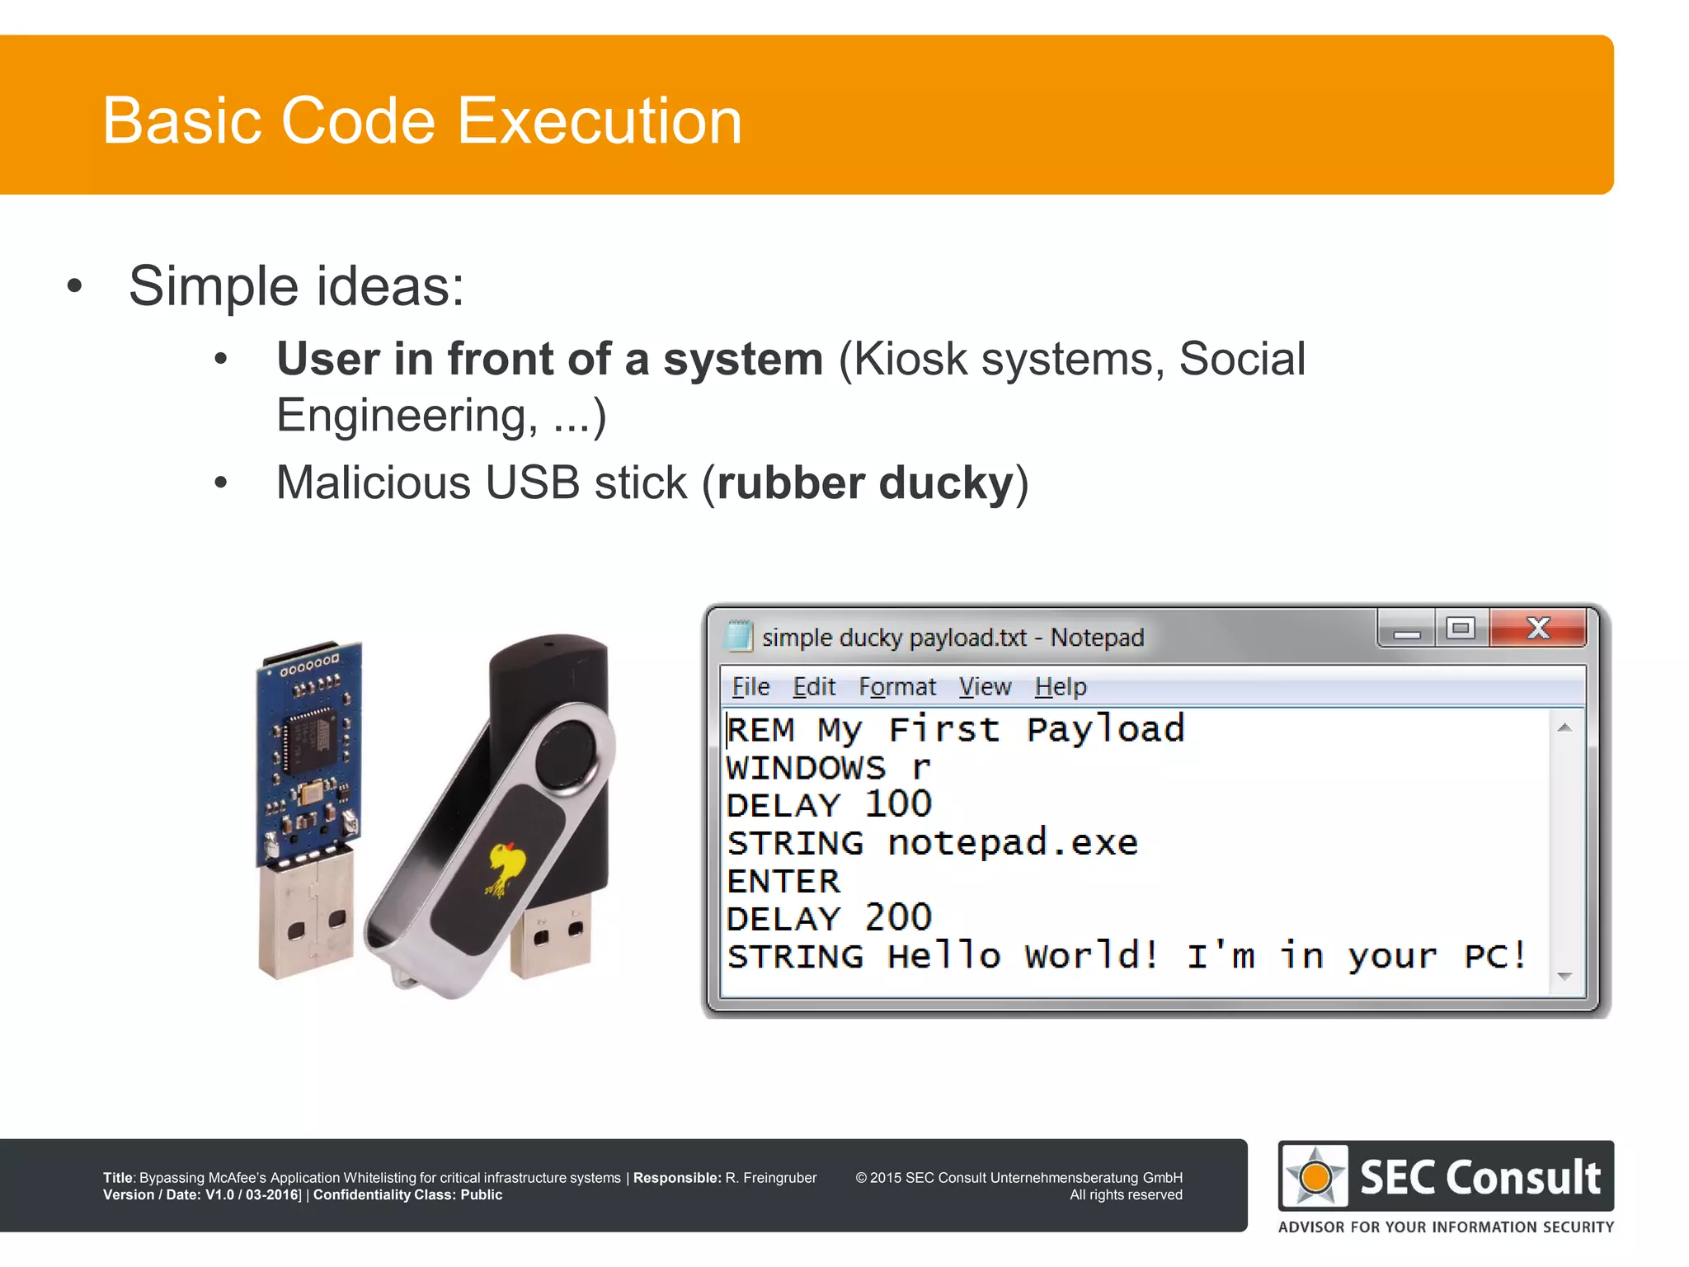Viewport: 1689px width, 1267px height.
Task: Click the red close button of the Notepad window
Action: click(x=1538, y=629)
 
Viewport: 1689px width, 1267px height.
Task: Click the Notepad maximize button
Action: click(x=1461, y=629)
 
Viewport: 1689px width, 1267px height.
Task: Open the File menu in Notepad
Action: click(x=750, y=686)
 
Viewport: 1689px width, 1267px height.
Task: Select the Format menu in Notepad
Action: click(x=897, y=686)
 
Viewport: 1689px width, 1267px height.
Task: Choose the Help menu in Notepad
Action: click(x=1061, y=686)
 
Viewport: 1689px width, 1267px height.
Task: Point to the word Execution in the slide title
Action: click(x=600, y=120)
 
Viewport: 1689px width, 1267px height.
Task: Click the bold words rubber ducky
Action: click(x=865, y=483)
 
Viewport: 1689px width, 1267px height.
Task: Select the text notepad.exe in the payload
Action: click(x=1013, y=843)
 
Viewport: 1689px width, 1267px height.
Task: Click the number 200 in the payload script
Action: click(x=897, y=918)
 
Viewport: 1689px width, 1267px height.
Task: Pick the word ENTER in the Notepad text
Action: click(x=783, y=881)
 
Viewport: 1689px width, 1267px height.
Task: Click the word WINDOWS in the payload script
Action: click(x=806, y=768)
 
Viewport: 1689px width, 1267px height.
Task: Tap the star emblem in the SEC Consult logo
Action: click(x=1315, y=1176)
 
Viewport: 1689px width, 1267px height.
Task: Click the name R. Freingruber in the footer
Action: click(x=770, y=1178)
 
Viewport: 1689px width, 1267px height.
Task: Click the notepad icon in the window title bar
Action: click(x=737, y=637)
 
